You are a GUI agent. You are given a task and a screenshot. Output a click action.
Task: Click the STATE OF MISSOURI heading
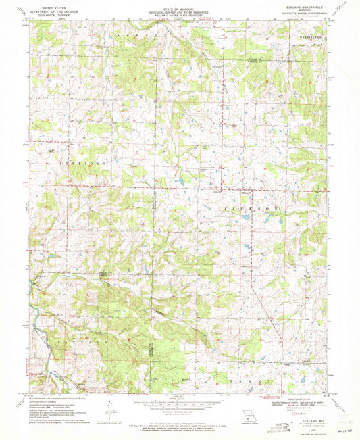[x=179, y=6]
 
